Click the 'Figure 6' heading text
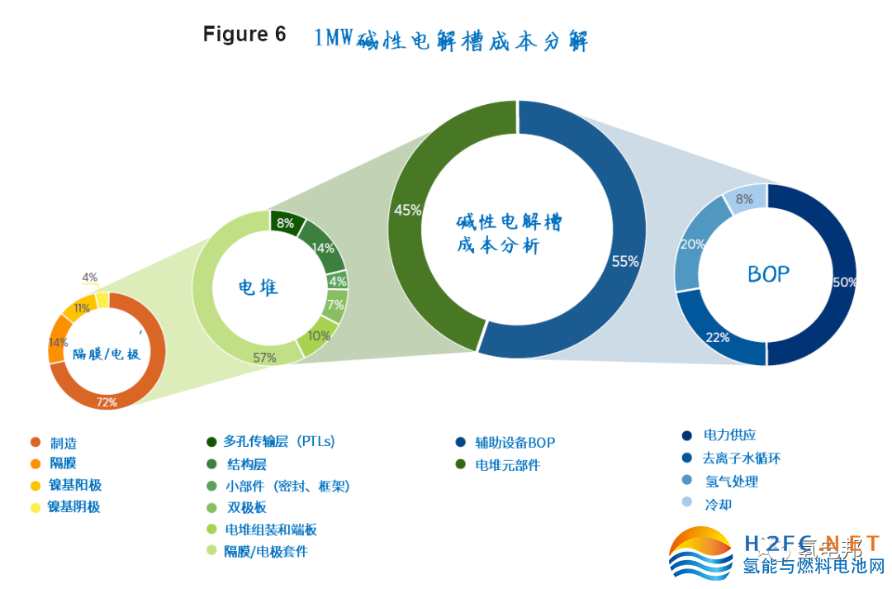click(244, 35)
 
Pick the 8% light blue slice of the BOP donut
click(744, 198)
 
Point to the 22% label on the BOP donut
click(718, 337)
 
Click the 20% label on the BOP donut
click(691, 245)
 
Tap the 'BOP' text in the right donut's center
click(768, 274)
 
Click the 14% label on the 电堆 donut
click(323, 247)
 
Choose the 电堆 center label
click(258, 287)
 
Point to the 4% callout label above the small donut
click(89, 278)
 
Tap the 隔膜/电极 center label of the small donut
click(107, 354)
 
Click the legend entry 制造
click(64, 443)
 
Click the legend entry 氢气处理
click(731, 482)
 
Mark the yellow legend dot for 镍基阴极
click(35, 507)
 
